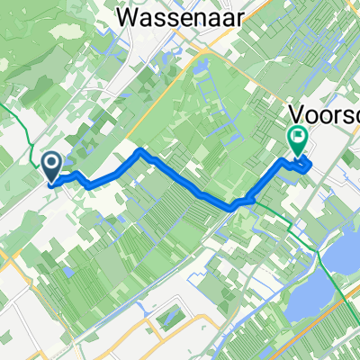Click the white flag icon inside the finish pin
[297, 138]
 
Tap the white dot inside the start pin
[51, 162]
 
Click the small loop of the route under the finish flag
[303, 164]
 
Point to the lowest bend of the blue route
[236, 206]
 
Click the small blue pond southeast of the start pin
[67, 270]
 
